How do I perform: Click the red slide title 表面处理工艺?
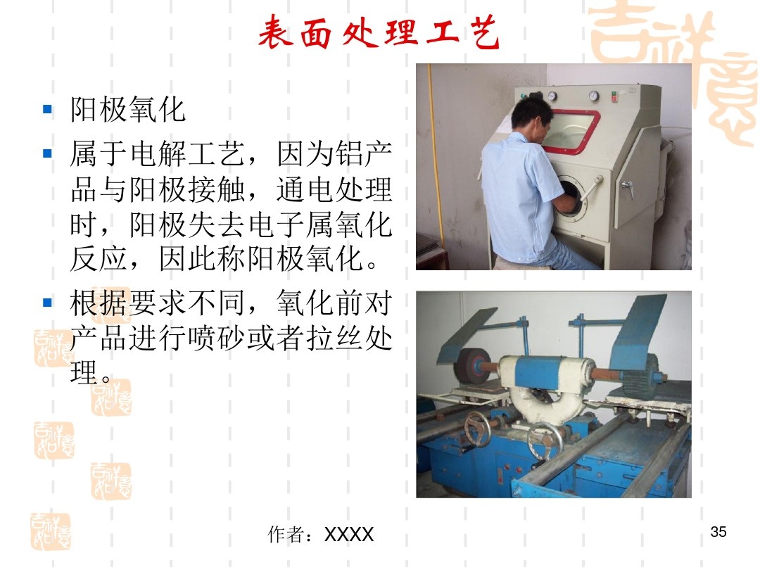click(x=379, y=33)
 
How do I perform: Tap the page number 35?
click(x=718, y=531)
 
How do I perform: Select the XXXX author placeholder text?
click(x=349, y=536)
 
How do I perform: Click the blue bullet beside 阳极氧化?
click(x=48, y=109)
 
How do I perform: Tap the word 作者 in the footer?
click(x=285, y=536)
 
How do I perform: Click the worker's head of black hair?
click(x=532, y=110)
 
